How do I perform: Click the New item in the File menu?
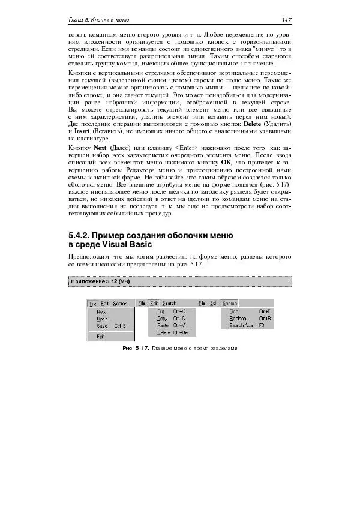coord(101,312)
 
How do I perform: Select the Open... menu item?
coord(103,319)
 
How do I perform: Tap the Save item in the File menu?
coord(102,326)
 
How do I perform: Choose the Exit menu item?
coord(100,337)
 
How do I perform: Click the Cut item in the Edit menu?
coord(161,311)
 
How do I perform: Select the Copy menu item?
coord(162,319)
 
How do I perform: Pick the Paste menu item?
coord(163,325)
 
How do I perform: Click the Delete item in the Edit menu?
coord(163,332)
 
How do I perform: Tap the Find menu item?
coord(234,311)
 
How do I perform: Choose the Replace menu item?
coord(238,319)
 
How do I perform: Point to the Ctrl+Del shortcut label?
coord(182,332)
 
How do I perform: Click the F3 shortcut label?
coord(262,325)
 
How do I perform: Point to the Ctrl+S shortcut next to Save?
coord(119,326)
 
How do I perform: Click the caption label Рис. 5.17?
coord(136,348)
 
